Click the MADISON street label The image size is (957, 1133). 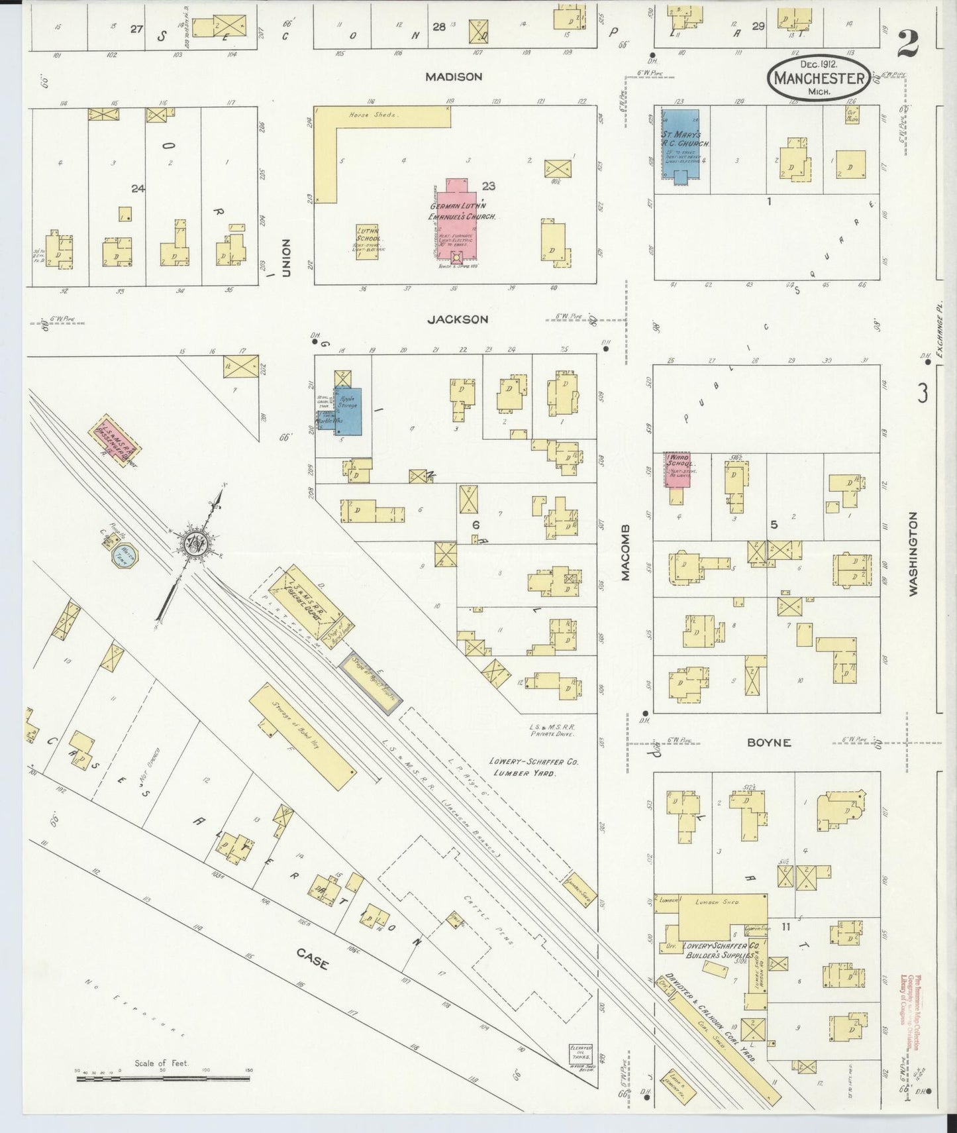coord(454,77)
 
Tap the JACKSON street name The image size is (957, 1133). coord(458,319)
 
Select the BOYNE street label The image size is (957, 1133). coord(768,743)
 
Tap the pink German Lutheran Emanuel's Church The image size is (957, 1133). coord(457,219)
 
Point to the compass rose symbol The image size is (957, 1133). coord(197,543)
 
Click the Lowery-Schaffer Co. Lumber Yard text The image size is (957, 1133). coord(534,767)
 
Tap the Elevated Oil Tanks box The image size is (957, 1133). coord(580,1053)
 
